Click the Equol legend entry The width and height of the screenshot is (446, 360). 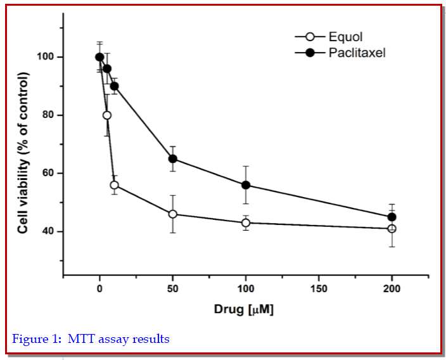[x=345, y=37]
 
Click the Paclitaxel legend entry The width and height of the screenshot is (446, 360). [x=356, y=53]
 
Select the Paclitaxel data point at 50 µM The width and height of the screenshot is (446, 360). [x=172, y=158]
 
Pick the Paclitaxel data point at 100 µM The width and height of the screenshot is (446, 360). [x=246, y=185]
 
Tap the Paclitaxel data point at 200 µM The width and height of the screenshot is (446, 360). [x=392, y=217]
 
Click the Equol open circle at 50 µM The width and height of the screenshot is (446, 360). [x=172, y=214]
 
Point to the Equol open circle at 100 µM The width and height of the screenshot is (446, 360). [x=246, y=222]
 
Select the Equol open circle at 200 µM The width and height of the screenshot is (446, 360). [x=392, y=228]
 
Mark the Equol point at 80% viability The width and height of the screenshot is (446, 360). [x=107, y=115]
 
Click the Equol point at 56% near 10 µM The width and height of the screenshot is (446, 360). [x=114, y=185]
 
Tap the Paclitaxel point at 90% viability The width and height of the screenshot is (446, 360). [x=114, y=86]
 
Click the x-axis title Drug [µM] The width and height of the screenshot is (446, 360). [x=244, y=311]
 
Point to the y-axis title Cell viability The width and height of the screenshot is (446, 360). [x=23, y=152]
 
